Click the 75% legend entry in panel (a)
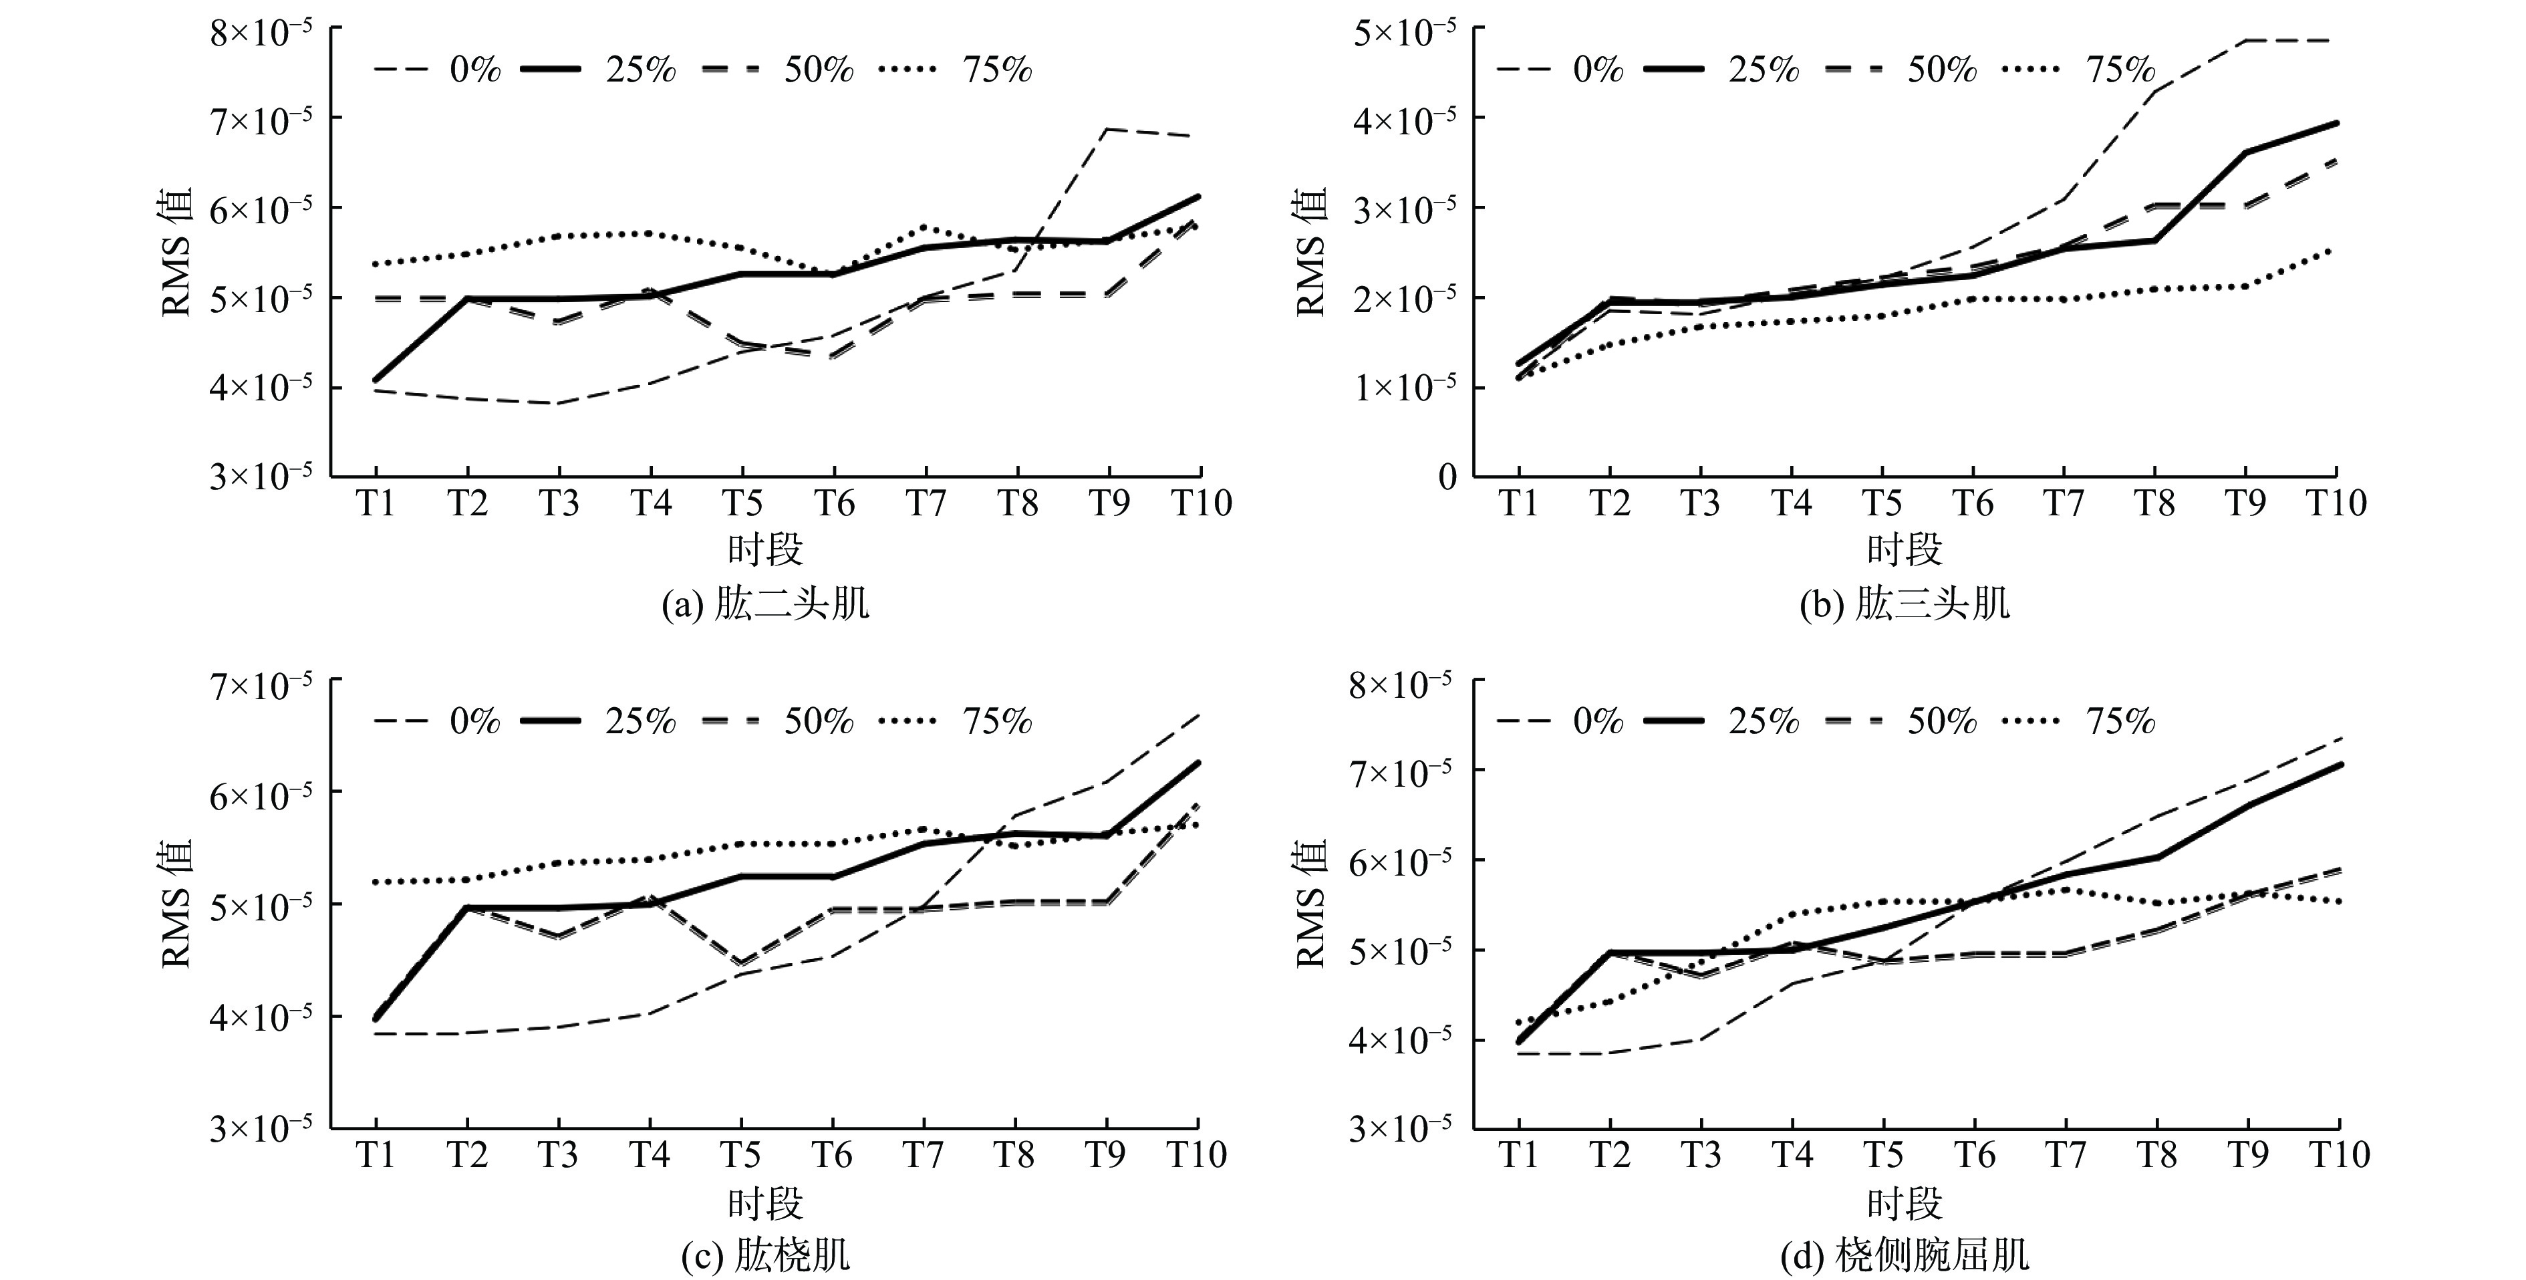[x=996, y=70]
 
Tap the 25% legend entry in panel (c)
[x=640, y=722]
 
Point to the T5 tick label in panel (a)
[x=742, y=503]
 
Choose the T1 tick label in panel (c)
[x=376, y=1156]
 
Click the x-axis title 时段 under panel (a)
[x=766, y=550]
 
